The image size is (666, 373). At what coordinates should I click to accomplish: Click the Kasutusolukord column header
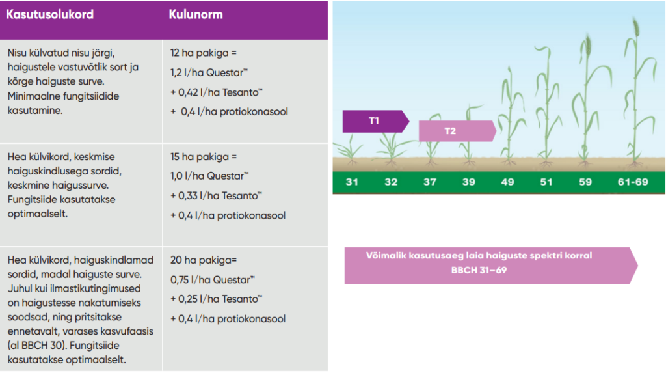49,14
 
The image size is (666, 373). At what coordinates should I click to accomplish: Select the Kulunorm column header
196,14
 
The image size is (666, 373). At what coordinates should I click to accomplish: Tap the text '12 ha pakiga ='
204,53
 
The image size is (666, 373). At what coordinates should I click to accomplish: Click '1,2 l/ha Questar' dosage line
209,73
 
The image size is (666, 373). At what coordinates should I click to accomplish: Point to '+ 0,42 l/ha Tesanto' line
217,92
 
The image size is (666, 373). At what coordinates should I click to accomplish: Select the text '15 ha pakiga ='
204,157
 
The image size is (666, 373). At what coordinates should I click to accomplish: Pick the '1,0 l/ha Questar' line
209,176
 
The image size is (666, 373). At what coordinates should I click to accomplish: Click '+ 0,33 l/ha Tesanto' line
216,196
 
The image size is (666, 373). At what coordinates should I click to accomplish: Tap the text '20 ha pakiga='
204,260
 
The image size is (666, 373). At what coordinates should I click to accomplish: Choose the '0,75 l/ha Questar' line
213,280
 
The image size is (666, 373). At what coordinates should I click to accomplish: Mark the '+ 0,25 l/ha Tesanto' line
216,299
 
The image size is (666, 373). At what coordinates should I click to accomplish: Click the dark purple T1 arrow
375,121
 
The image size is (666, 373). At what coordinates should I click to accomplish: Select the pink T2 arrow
457,131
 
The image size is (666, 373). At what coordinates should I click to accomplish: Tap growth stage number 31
352,182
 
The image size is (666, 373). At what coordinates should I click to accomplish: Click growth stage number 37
430,182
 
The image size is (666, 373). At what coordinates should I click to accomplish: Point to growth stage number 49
507,182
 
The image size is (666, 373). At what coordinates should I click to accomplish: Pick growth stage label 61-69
633,182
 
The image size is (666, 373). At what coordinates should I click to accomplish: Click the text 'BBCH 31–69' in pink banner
479,271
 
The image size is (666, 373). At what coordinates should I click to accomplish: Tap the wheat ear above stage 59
588,45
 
